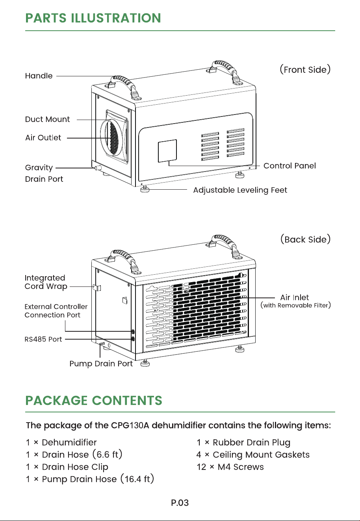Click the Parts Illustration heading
(93, 18)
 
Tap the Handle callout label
(39, 76)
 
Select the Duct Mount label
(47, 119)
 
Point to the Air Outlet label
(43, 138)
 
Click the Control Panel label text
(289, 166)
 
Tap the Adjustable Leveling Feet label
(240, 190)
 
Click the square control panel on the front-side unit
(167, 151)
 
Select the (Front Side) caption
(305, 70)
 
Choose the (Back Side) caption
(306, 239)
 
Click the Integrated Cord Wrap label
(46, 282)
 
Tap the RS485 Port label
(43, 339)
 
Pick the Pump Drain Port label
(101, 364)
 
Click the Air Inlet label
(295, 297)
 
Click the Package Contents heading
(94, 401)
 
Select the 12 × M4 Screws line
(230, 467)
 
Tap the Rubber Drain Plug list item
(243, 443)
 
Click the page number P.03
(180, 503)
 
